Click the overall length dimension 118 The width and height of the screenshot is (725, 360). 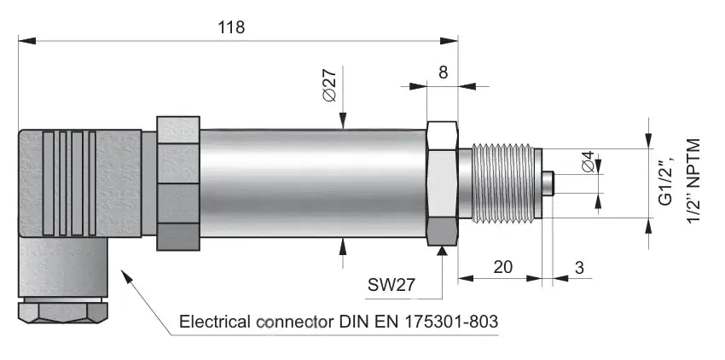click(231, 27)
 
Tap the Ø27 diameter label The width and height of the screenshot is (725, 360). click(330, 84)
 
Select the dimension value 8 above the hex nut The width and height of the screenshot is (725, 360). click(443, 73)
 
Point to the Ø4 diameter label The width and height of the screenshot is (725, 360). click(589, 162)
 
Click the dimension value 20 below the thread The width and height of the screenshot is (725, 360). click(503, 268)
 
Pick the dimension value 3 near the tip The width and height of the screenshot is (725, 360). click(580, 268)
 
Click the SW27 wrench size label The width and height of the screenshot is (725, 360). click(391, 285)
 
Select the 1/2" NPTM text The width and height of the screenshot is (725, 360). click(693, 181)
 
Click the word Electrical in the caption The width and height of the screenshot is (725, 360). click(216, 321)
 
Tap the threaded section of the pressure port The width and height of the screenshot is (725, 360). click(503, 183)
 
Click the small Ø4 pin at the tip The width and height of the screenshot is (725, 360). click(548, 183)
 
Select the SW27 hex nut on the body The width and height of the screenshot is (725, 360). click(442, 183)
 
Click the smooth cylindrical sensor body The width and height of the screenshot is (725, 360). click(312, 183)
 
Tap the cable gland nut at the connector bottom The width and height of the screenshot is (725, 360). click(63, 312)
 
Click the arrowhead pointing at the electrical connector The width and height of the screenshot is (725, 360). click(127, 276)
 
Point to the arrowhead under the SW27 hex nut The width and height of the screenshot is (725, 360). click(443, 251)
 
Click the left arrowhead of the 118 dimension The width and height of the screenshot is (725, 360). click(26, 41)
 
